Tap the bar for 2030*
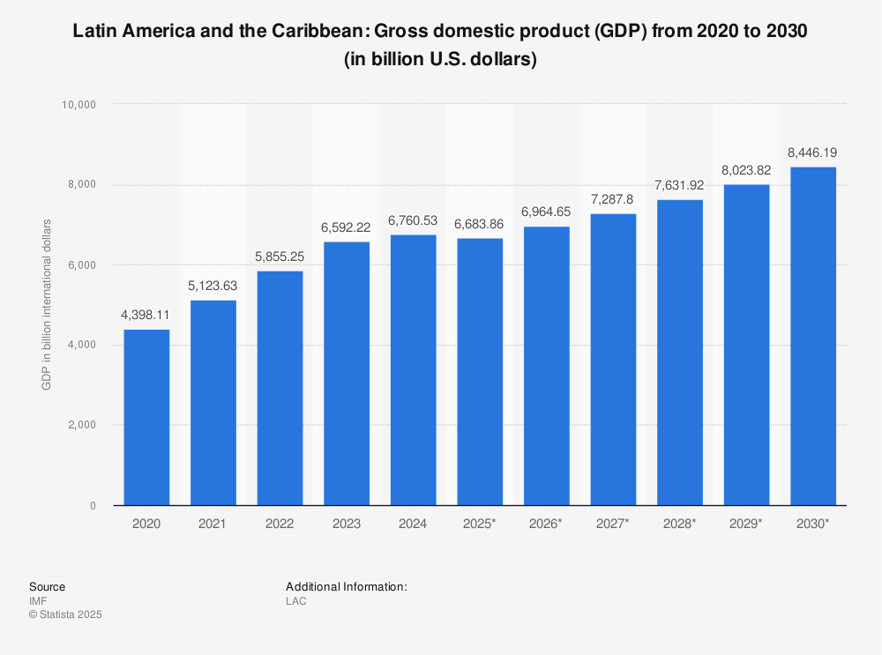813,336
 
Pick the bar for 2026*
547,366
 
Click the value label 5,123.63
213,287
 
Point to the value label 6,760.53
413,220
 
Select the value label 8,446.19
813,153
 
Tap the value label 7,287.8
613,199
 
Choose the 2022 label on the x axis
280,524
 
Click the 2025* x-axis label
480,524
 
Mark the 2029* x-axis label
746,524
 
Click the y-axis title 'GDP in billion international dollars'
46,304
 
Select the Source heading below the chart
47,586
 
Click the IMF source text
38,601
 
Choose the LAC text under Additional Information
295,601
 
